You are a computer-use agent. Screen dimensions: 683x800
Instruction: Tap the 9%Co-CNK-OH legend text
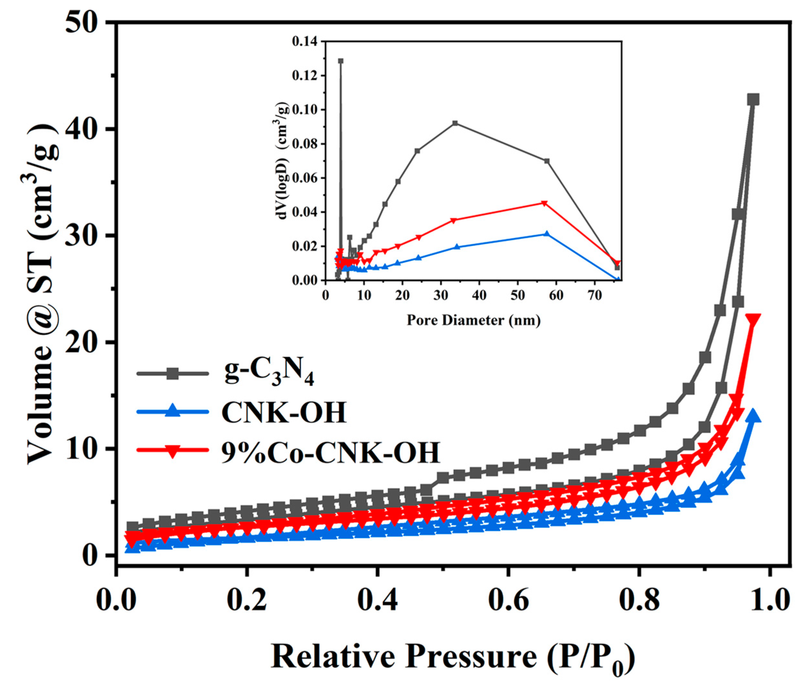330,452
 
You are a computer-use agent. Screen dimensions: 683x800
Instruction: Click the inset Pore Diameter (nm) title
473,320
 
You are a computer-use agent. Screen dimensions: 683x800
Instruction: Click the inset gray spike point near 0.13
340,61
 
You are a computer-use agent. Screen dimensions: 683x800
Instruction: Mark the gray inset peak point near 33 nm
455,123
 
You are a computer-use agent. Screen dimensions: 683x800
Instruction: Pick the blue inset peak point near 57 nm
546,234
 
